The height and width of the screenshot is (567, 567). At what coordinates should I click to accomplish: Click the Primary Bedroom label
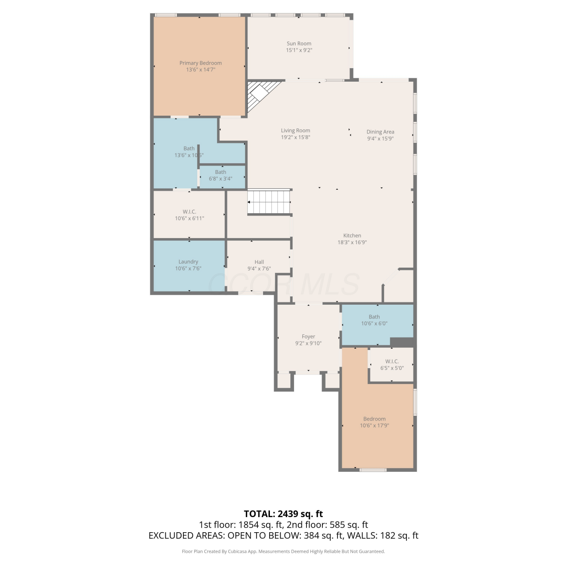click(200, 63)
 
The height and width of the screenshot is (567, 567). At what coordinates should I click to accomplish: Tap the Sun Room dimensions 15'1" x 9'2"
click(299, 50)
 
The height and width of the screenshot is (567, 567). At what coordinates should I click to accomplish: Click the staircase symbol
click(269, 202)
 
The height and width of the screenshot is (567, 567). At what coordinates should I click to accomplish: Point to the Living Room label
click(295, 131)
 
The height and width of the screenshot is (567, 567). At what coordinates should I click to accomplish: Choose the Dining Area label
click(380, 132)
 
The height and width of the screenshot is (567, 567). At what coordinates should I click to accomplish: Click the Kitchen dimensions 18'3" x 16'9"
click(352, 243)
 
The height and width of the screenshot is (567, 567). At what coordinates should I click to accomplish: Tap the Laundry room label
click(188, 262)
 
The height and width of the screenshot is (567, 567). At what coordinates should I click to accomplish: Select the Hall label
click(259, 262)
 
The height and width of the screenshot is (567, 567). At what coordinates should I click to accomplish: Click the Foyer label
click(308, 336)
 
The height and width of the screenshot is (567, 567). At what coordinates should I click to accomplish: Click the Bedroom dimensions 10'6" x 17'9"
click(375, 426)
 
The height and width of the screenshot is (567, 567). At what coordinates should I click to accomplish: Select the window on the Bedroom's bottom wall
click(373, 470)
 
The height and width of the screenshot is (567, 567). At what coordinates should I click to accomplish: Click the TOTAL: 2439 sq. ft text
click(283, 514)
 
